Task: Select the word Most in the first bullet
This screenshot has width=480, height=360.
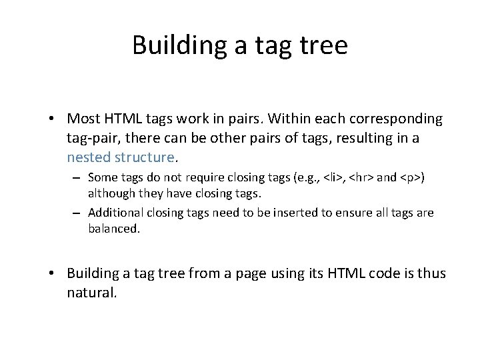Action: point(84,119)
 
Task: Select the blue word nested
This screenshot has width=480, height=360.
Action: point(88,157)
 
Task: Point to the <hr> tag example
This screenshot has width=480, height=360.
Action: point(362,178)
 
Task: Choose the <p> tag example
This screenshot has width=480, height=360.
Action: point(413,178)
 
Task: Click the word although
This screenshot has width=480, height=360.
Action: point(111,193)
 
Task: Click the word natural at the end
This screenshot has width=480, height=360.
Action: point(91,293)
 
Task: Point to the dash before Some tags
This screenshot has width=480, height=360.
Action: point(77,178)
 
